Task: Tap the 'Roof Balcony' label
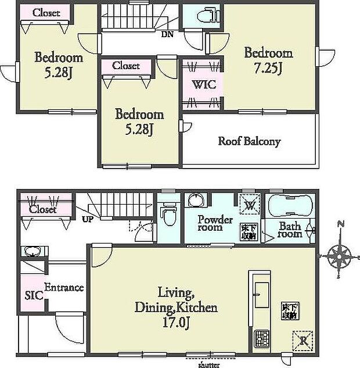pyautogui.click(x=249, y=141)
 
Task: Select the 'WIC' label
pyautogui.click(x=203, y=85)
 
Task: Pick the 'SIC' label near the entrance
pyautogui.click(x=34, y=295)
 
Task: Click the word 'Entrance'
pyautogui.click(x=64, y=288)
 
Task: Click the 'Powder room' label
pyautogui.click(x=215, y=224)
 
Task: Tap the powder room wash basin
pyautogui.click(x=196, y=201)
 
